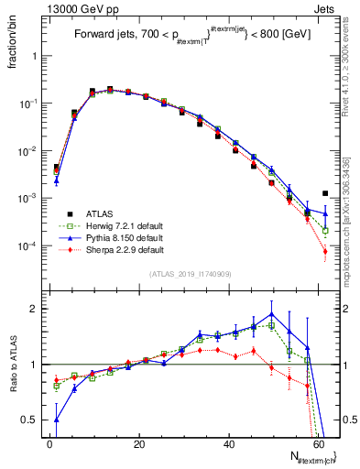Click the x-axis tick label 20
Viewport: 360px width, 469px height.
click(x=139, y=443)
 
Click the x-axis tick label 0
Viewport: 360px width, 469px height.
click(x=49, y=443)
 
